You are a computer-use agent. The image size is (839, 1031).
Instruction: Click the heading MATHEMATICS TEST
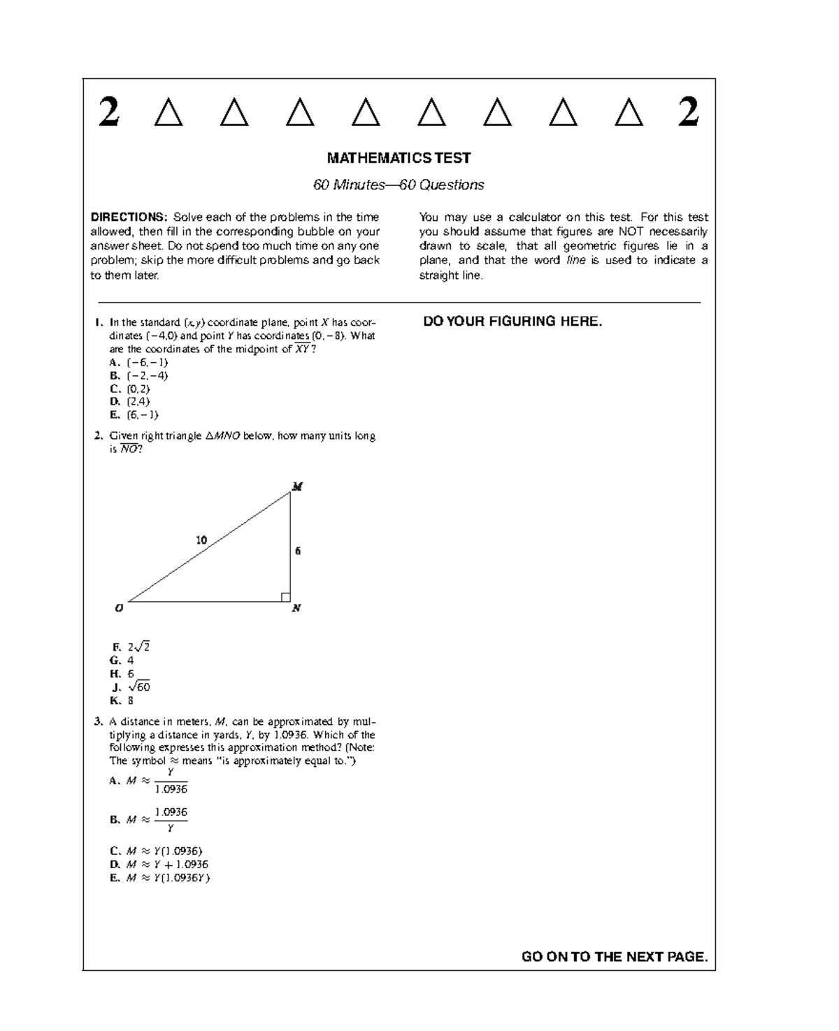point(399,158)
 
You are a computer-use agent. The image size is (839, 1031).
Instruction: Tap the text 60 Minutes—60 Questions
point(399,185)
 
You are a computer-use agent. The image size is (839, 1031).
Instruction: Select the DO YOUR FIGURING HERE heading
point(512,322)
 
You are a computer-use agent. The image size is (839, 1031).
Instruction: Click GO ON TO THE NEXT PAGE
point(615,957)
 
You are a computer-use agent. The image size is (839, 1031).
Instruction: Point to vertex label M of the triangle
point(297,486)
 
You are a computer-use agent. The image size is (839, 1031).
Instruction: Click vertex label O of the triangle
point(119,608)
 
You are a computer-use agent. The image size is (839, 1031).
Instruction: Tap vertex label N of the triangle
point(296,608)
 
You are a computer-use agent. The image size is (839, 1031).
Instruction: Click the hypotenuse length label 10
point(201,540)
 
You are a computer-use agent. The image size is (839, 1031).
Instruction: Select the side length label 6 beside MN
point(298,551)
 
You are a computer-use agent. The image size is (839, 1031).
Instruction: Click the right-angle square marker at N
point(285,597)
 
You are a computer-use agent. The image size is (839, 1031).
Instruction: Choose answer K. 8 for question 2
point(122,700)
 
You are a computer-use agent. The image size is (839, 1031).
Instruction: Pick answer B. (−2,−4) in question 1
point(139,375)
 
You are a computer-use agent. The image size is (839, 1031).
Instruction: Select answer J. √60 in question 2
point(131,687)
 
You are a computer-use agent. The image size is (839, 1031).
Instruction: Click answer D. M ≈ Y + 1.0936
point(159,864)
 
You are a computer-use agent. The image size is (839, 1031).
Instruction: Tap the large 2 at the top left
point(108,112)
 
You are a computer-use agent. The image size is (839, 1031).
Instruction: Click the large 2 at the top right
point(689,112)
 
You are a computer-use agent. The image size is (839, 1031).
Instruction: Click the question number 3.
point(97,721)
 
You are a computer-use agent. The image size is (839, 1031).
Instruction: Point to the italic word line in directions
point(576,260)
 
